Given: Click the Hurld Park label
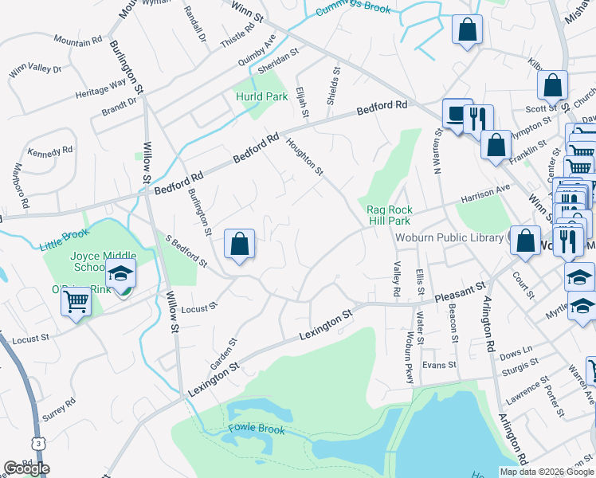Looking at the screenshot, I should click(261, 96).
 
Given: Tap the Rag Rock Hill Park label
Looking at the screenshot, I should click(388, 215).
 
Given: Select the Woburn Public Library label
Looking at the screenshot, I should click(450, 236).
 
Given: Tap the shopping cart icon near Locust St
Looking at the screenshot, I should click(76, 302).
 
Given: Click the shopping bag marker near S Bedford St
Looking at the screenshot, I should click(240, 245).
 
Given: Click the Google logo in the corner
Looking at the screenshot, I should click(26, 468).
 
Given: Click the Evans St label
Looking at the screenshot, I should click(439, 365).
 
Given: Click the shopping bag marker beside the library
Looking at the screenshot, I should click(525, 241).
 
